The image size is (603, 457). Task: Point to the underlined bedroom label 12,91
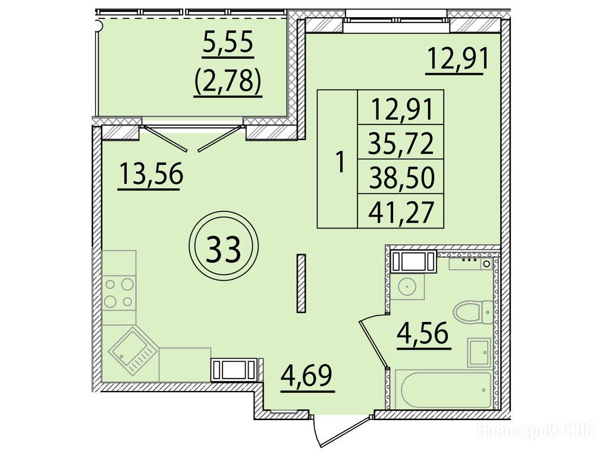coord(456,59)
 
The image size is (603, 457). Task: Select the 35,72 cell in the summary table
coord(400,142)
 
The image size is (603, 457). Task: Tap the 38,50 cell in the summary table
coord(400,177)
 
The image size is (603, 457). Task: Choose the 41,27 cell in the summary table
coord(400,211)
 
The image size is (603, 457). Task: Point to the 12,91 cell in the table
coord(400,108)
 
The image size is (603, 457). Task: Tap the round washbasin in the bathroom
coord(407,286)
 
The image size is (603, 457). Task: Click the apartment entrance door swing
coord(343,431)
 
